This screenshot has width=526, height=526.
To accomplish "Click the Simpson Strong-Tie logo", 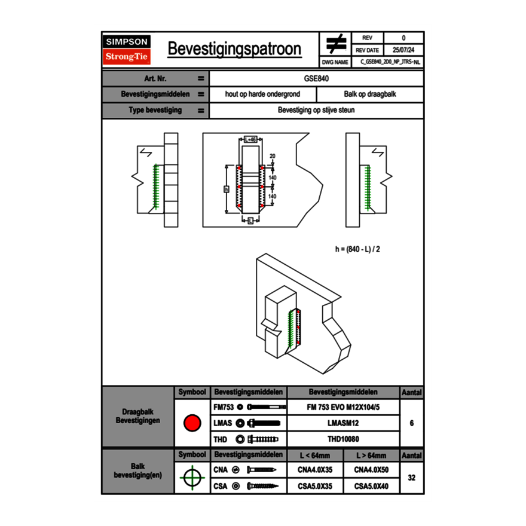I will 127,50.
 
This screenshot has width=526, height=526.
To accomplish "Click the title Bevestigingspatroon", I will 234,49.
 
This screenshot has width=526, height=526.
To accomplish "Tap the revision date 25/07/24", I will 403,50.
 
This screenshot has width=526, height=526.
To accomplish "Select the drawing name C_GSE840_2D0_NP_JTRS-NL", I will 390,62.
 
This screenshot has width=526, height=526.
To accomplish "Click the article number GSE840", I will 317,78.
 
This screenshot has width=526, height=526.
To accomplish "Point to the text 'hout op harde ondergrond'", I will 262,94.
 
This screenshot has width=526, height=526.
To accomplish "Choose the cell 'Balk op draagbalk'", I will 370,94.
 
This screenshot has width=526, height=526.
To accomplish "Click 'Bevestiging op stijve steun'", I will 317,111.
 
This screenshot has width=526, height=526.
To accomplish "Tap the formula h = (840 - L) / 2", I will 357,249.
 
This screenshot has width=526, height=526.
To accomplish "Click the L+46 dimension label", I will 250,139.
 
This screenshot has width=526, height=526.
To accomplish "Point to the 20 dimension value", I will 272,156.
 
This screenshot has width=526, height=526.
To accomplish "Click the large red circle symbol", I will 192,423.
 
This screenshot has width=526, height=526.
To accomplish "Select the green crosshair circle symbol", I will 192,478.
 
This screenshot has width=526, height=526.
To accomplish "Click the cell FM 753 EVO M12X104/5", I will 343,407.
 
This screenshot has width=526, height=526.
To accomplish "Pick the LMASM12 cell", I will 343,423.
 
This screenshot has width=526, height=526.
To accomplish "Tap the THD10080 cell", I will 343,439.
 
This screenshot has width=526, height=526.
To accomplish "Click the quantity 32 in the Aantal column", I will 411,478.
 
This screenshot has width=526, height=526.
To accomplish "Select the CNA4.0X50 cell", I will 371,470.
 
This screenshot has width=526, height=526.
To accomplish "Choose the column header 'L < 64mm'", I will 315,455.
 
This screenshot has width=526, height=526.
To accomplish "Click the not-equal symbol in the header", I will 336,44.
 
